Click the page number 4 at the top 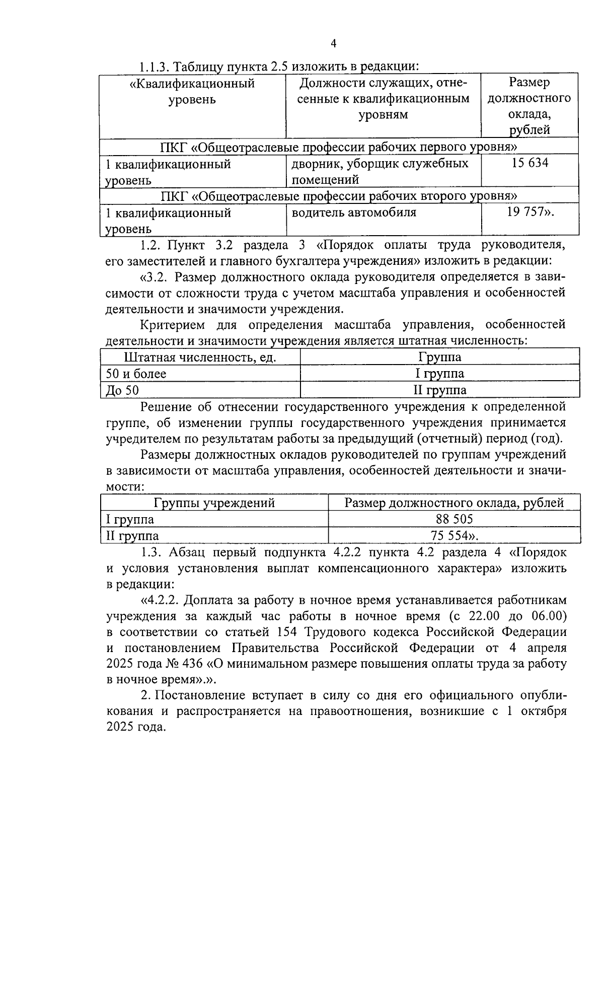(333, 44)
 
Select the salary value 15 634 (530, 163)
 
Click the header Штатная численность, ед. (200, 357)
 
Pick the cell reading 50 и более (136, 373)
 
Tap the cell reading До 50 (122, 390)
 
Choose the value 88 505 (454, 519)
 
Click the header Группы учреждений (214, 503)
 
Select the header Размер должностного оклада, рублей (454, 503)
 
